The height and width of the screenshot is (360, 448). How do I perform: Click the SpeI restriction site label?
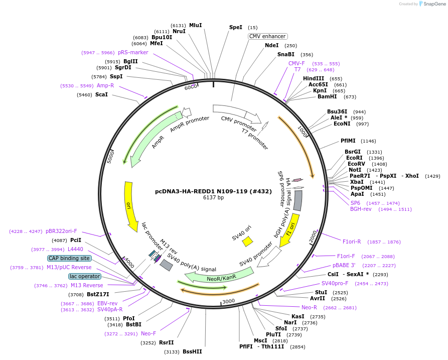[x=235, y=27]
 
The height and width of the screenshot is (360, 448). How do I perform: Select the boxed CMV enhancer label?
[x=268, y=36]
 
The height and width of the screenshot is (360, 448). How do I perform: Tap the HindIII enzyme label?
[x=314, y=78]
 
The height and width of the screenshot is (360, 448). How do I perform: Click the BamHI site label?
[x=327, y=96]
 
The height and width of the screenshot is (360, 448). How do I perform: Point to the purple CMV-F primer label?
[x=296, y=63]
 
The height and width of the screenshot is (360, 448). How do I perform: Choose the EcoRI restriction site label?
[x=354, y=158]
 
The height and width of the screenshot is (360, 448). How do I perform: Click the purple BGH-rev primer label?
[x=361, y=209]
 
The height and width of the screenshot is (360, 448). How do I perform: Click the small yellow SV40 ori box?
[x=247, y=242]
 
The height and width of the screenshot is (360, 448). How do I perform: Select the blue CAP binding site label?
[x=69, y=258]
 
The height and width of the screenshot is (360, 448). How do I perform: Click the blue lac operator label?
[x=85, y=276]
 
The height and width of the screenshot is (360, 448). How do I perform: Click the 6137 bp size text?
[x=213, y=198]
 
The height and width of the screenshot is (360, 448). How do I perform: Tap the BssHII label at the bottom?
[x=192, y=351]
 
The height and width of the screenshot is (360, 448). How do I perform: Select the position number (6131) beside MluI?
[x=178, y=25]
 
